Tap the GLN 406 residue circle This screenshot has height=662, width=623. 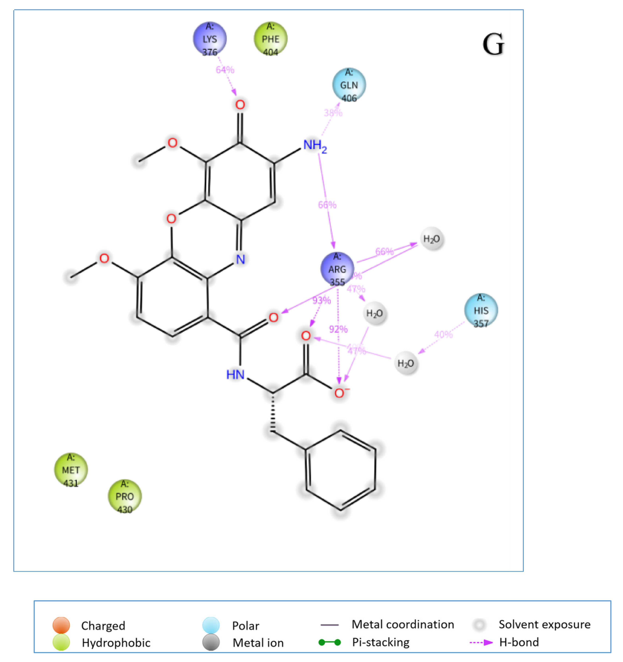point(349,85)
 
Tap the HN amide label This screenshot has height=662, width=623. point(235,375)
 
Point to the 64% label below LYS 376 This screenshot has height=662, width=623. point(225,70)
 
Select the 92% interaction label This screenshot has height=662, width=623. point(338,329)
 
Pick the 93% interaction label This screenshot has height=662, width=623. point(322,301)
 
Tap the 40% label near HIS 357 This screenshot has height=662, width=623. point(443,334)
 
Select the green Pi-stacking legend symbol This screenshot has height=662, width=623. point(330,642)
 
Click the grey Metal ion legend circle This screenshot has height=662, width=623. point(211,642)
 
